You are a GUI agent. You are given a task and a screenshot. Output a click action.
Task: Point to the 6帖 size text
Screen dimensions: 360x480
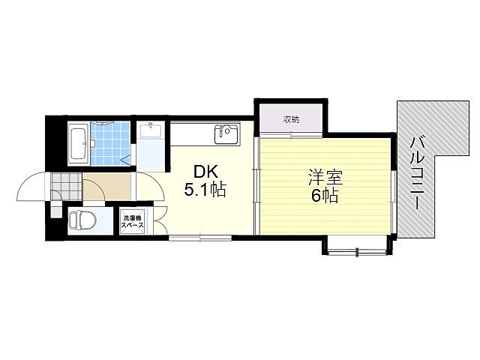pos(325,197)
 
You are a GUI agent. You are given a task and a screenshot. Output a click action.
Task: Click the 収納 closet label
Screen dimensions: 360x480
pos(292,119)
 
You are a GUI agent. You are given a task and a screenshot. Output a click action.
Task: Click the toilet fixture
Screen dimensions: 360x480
pos(82,221)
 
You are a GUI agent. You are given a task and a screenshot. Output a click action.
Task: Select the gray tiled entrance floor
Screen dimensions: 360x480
pos(66,184)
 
